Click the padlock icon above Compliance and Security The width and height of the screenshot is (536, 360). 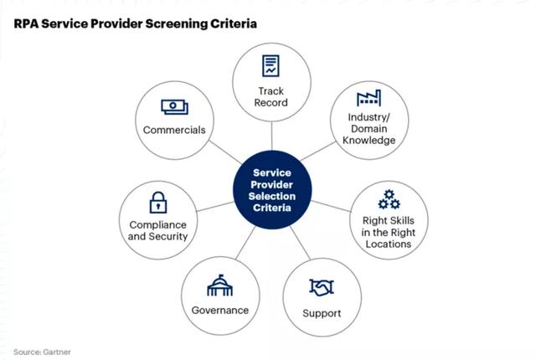click(158, 203)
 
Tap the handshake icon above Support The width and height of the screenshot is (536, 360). click(322, 287)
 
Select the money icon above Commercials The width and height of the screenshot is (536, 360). click(174, 107)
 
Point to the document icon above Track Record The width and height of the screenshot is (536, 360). click(271, 65)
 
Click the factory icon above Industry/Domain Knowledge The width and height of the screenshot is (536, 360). click(368, 98)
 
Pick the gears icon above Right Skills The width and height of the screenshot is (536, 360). click(389, 199)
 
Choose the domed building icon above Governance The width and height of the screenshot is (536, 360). click(219, 285)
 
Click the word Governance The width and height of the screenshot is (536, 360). click(220, 310)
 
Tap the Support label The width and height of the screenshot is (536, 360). click(322, 314)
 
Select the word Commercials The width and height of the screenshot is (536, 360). click(174, 130)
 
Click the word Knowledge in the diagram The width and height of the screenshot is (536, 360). click(368, 141)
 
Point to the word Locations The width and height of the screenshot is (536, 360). click(389, 244)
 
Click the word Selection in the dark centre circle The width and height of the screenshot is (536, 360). click(272, 197)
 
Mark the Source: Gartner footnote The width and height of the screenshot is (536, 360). click(42, 352)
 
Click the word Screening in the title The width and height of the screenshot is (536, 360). click(177, 24)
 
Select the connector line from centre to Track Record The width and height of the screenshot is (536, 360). click(271, 136)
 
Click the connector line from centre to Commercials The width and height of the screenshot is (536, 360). click(225, 152)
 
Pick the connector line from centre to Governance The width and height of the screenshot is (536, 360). click(245, 243)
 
